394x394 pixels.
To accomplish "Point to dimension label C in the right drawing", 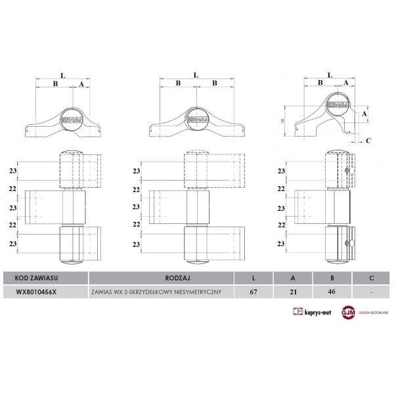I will pyautogui.click(x=369, y=140).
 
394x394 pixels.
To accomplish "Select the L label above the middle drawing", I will pyautogui.click(x=196, y=76).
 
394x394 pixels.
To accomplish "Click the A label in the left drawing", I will pyautogui.click(x=81, y=84).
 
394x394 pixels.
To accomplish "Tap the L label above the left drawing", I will pyautogui.click(x=62, y=76).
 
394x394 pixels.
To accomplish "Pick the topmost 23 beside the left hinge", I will pyautogui.click(x=13, y=171).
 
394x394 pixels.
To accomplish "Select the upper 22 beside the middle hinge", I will pyautogui.click(x=138, y=189).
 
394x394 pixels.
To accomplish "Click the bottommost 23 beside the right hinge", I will pyautogui.click(x=282, y=244).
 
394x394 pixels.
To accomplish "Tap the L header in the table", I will pyautogui.click(x=254, y=278).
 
